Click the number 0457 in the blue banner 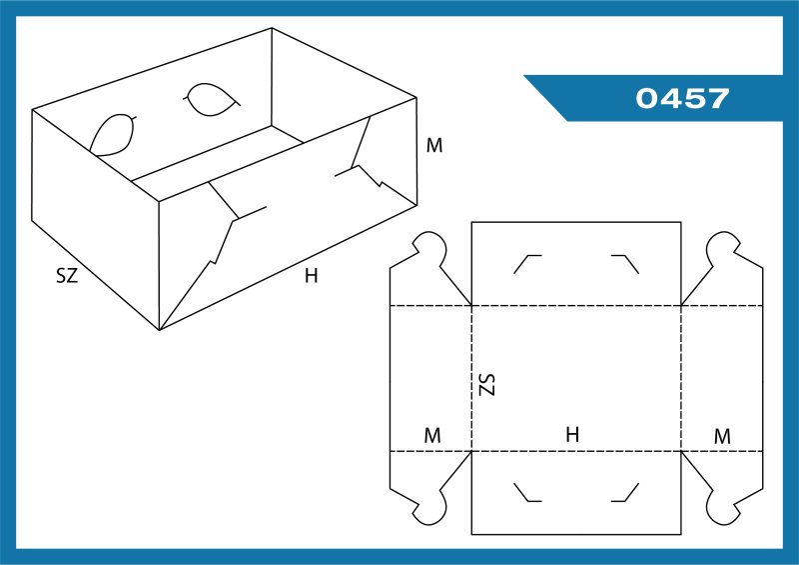682,98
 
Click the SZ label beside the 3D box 67,276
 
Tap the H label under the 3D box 311,276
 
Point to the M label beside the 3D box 434,145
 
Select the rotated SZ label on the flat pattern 487,384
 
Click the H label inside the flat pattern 572,434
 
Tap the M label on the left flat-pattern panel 432,435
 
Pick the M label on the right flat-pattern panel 722,436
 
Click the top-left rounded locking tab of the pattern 429,249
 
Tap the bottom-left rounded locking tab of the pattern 429,507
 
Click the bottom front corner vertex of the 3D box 160,330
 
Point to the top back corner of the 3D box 272,28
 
